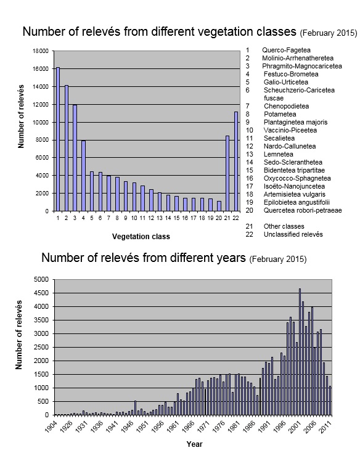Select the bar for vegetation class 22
(235, 161)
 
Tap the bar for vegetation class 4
(83, 176)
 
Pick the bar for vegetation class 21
(227, 173)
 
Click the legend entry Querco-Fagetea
(286, 50)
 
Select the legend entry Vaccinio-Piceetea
(290, 130)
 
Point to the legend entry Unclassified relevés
(293, 234)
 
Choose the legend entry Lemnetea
(278, 154)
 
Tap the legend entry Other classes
(284, 226)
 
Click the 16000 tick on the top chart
(41, 69)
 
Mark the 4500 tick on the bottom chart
(43, 293)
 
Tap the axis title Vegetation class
(141, 237)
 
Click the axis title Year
(194, 444)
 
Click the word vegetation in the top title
(207, 32)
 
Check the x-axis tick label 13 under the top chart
(160, 218)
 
